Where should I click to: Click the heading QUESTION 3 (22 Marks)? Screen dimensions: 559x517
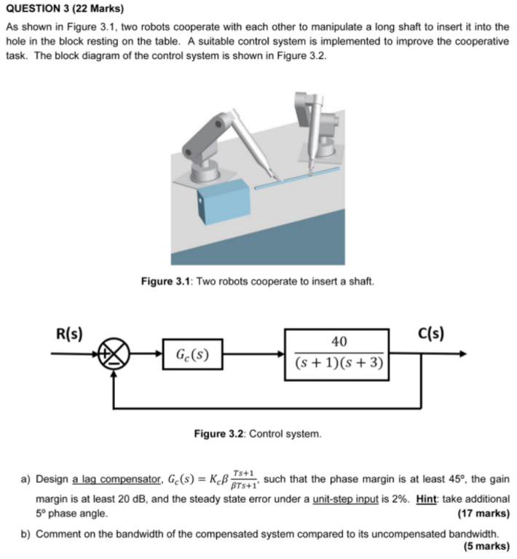tap(65, 10)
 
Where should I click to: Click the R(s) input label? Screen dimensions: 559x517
tap(69, 335)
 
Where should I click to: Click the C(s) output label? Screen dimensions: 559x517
tap(433, 335)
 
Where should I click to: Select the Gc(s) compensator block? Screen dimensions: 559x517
tap(192, 356)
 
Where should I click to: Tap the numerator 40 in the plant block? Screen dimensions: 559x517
tap(339, 341)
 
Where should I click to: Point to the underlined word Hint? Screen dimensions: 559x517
tap(425, 499)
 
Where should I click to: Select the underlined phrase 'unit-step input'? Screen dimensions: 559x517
tap(344, 499)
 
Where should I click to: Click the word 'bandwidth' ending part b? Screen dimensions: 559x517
tap(476, 533)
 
